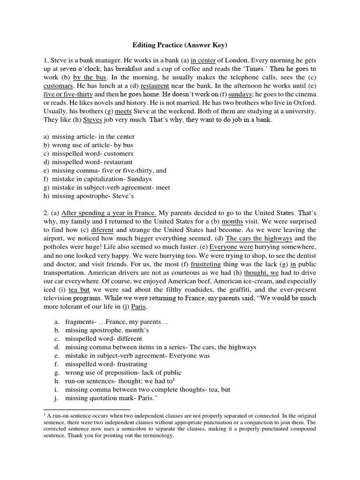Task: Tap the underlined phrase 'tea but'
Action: pos(81,289)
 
